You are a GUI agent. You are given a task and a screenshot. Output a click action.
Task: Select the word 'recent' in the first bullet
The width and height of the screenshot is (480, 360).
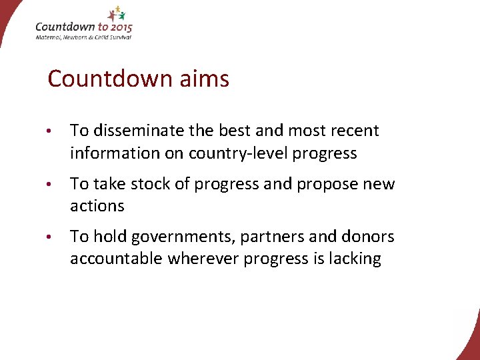click(354, 131)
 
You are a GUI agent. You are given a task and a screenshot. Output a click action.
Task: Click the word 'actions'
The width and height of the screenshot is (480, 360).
click(97, 206)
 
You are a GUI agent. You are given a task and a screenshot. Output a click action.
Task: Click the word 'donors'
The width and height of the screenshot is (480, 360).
click(367, 237)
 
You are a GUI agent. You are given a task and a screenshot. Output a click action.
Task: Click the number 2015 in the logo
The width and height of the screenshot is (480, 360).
click(120, 27)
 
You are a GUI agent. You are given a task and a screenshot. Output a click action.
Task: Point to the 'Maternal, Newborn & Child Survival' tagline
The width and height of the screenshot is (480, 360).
click(83, 37)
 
